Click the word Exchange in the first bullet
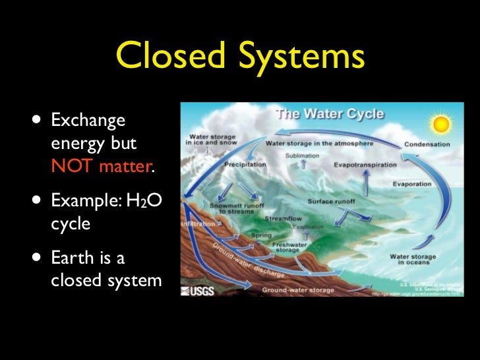[88, 121]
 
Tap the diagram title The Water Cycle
[330, 113]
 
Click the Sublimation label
[302, 156]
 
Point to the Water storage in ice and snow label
[210, 140]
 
